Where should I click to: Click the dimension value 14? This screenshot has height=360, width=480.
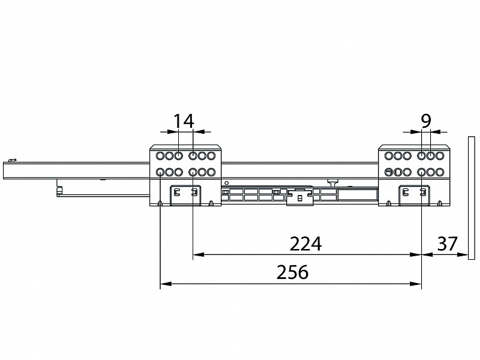(x=184, y=121)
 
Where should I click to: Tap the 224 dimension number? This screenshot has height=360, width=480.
(x=305, y=244)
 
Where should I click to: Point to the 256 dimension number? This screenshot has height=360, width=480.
(x=292, y=272)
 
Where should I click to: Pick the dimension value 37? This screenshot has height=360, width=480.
(x=447, y=244)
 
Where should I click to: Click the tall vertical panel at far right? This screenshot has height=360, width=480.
(x=471, y=198)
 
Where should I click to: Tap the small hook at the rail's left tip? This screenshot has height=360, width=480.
(x=11, y=160)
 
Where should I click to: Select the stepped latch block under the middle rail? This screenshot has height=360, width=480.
(x=299, y=197)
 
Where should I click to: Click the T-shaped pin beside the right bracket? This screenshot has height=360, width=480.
(x=332, y=183)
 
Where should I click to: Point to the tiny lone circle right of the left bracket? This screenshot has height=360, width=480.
(x=227, y=183)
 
